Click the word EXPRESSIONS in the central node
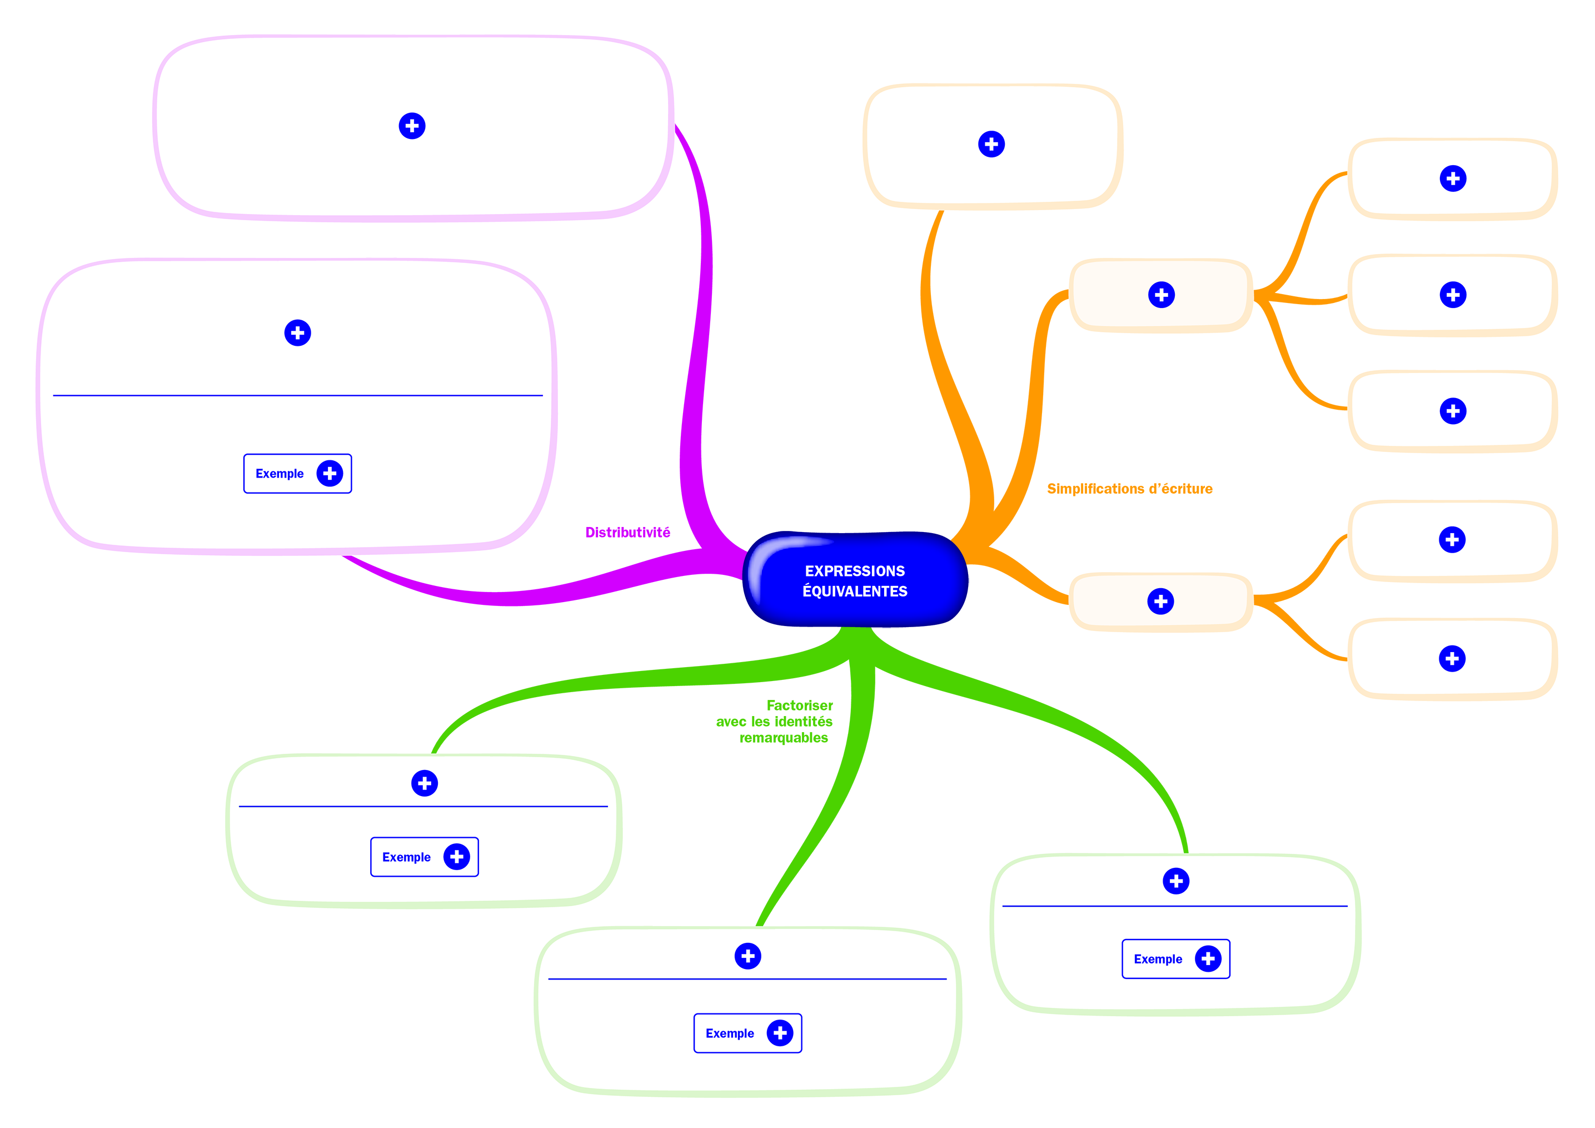tap(855, 570)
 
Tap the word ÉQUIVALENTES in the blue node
tap(855, 592)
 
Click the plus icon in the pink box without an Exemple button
tap(412, 126)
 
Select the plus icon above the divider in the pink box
tap(297, 333)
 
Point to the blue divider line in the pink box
tap(297, 395)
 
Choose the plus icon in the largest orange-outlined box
tap(991, 144)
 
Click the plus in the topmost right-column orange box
tap(1453, 178)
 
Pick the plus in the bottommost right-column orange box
tap(1452, 658)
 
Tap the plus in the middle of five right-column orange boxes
tap(1453, 411)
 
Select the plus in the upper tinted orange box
tap(1162, 295)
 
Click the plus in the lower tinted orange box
tap(1161, 601)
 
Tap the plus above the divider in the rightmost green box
tap(1176, 881)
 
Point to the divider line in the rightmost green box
tap(1174, 906)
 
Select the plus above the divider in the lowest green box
tap(748, 956)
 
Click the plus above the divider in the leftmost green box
tap(425, 783)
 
